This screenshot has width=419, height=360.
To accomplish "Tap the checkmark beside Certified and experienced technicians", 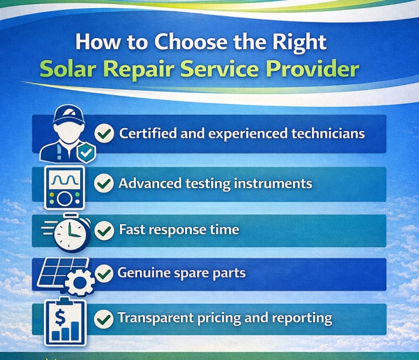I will pyautogui.click(x=104, y=134).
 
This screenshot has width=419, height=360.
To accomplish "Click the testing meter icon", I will pyautogui.click(x=65, y=187).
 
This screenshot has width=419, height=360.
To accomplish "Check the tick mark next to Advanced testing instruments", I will pyautogui.click(x=104, y=184).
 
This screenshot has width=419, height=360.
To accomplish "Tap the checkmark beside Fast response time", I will pyautogui.click(x=104, y=230).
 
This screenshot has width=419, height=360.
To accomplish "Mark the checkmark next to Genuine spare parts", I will pyautogui.click(x=104, y=273).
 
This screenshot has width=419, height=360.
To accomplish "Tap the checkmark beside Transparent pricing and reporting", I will pyautogui.click(x=104, y=319).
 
